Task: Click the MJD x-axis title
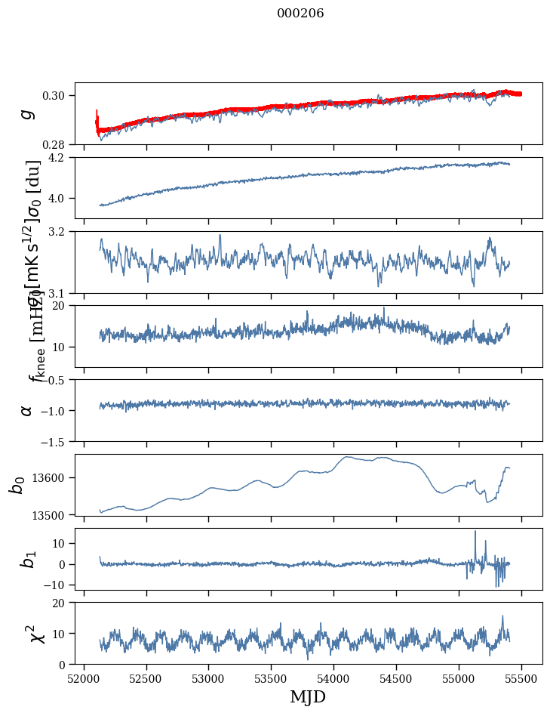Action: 308,696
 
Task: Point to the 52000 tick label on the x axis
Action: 84,678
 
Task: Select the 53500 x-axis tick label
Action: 272,678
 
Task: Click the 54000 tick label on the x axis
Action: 334,678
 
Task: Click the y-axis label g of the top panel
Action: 27,113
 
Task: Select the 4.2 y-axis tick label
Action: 60,158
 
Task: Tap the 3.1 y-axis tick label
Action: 60,293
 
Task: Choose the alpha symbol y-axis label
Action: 27,410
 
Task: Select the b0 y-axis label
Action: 17,485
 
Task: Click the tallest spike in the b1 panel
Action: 475,532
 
